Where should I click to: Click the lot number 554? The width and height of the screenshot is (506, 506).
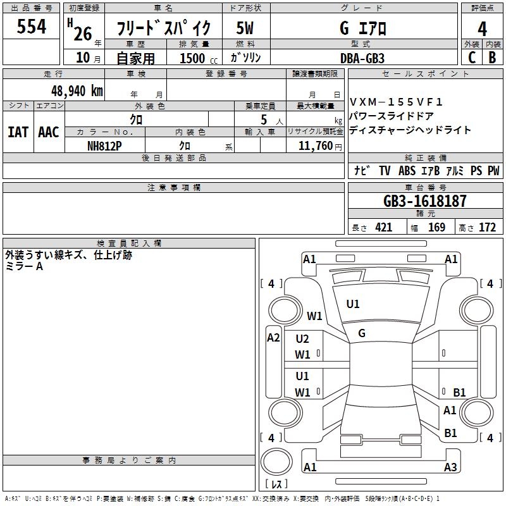coord(32,27)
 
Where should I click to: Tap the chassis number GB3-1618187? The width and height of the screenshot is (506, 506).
coord(425,201)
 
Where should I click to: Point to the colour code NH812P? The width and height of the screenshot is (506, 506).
coord(105,145)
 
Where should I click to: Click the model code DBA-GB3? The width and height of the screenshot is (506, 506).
coord(362,58)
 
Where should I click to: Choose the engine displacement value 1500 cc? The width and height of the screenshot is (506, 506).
coord(193,58)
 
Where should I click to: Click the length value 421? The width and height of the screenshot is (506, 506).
coord(383,228)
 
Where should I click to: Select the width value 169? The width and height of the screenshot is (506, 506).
coord(436,228)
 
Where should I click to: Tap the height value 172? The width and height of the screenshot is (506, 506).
coord(487,228)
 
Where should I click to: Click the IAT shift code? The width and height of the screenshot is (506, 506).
coord(18,132)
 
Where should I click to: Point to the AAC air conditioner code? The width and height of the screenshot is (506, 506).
coord(49,132)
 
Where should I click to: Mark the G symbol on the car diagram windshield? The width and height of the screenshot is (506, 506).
coord(362,333)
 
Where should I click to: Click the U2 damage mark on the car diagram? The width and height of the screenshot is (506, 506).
coord(302,339)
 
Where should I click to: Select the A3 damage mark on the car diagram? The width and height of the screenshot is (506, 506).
coord(450,467)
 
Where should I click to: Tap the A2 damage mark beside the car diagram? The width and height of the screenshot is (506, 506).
coord(273,338)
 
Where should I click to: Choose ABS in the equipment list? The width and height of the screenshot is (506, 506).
coord(407,171)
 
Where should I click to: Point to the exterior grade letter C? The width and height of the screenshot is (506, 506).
coord(471,58)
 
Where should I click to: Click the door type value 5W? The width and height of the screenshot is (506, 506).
coord(247,28)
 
